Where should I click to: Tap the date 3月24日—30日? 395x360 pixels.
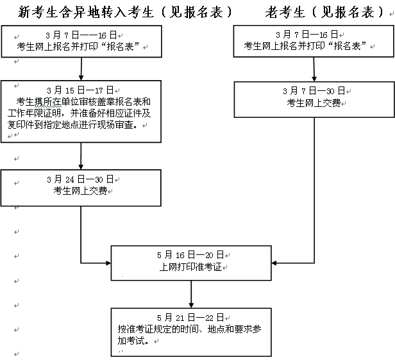point(81,179)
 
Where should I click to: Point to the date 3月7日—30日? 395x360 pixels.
point(314,91)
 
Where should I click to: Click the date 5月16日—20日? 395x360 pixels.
point(190,254)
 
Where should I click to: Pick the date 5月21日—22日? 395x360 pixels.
point(190,318)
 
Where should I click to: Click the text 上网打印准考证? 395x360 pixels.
point(190,266)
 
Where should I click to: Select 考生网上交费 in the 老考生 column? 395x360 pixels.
point(314,102)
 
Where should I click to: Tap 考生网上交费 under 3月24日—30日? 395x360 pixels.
point(81,190)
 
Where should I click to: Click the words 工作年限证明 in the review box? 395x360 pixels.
point(38,113)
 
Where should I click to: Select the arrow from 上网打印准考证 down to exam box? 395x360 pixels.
point(190,295)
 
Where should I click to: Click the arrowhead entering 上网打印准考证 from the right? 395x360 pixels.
point(275,263)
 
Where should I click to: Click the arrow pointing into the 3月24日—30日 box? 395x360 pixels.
point(81,157)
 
